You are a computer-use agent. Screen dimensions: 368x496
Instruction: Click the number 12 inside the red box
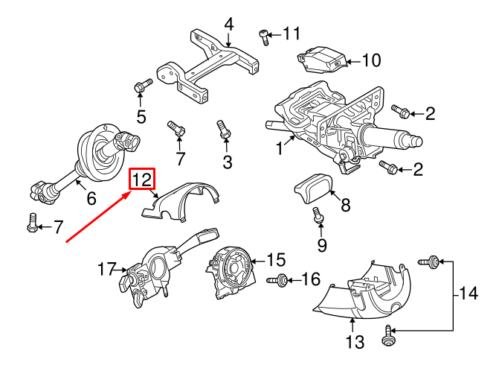pyautogui.click(x=142, y=180)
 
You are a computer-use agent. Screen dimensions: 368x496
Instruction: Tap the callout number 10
pyautogui.click(x=370, y=60)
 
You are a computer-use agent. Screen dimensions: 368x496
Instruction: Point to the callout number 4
pyautogui.click(x=229, y=25)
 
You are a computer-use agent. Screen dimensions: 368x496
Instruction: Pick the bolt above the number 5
pyautogui.click(x=140, y=87)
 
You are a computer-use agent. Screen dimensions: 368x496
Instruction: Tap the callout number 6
pyautogui.click(x=91, y=199)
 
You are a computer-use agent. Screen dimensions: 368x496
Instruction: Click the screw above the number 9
pyautogui.click(x=318, y=216)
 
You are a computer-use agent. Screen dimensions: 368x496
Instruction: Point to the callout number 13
pyautogui.click(x=355, y=342)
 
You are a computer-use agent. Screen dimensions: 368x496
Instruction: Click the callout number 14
pyautogui.click(x=468, y=294)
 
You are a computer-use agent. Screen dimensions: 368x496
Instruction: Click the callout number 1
pyautogui.click(x=280, y=148)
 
